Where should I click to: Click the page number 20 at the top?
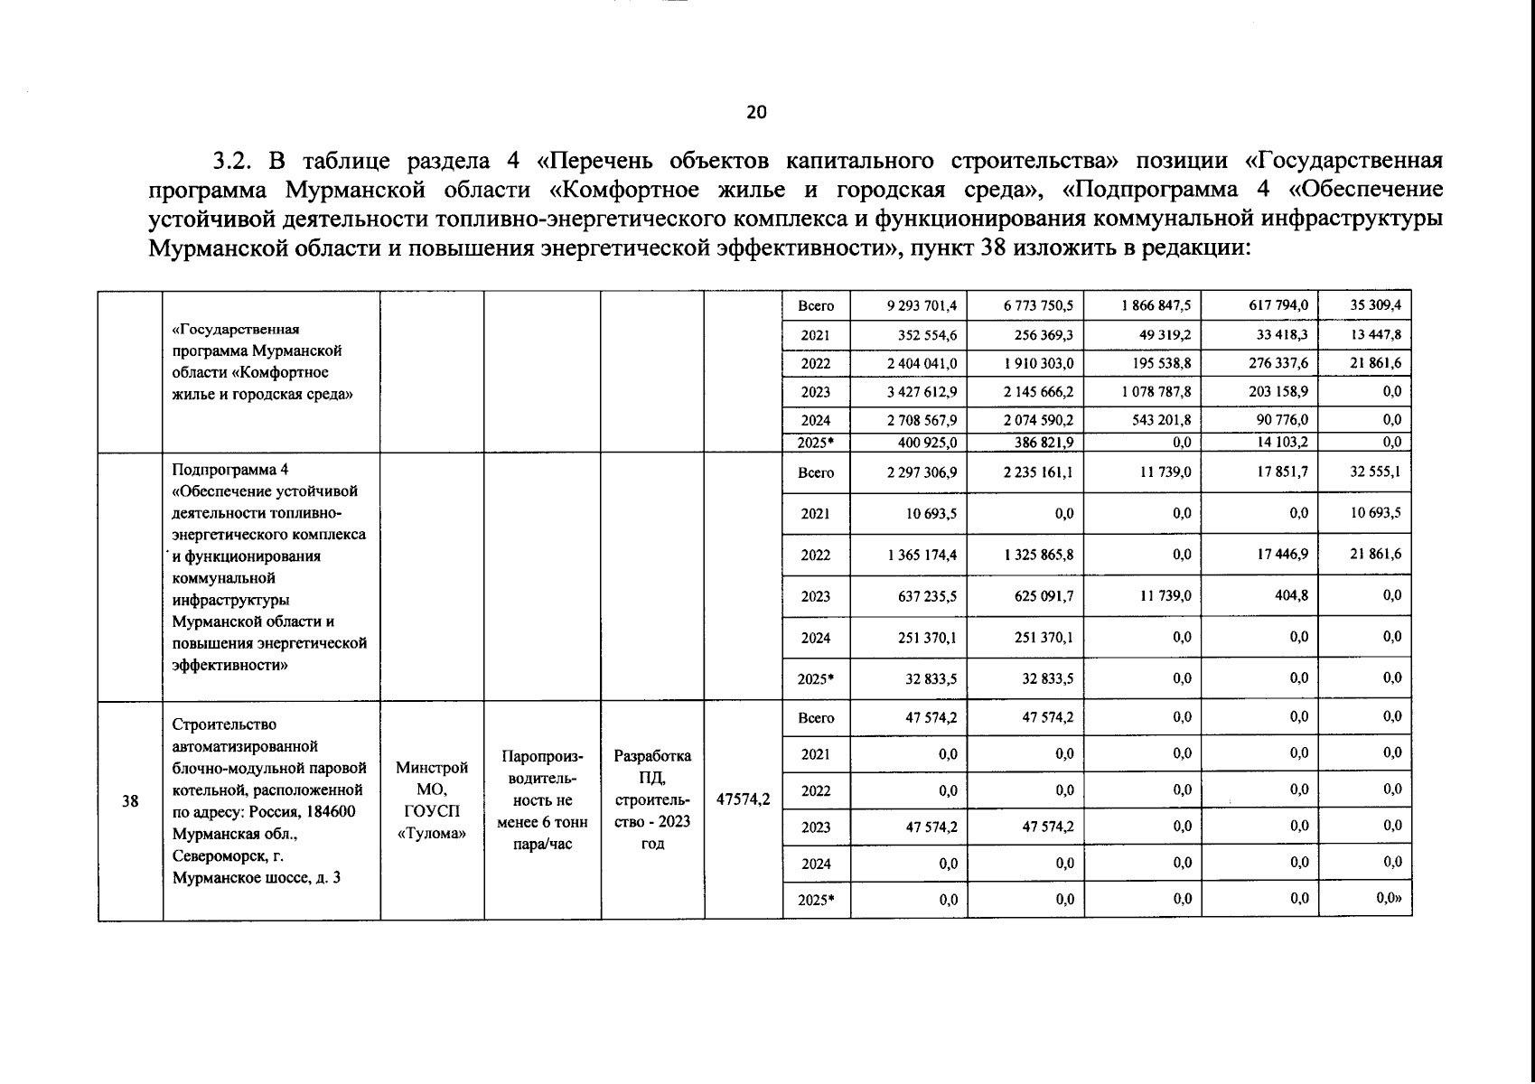tap(756, 112)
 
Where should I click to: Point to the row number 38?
tap(130, 800)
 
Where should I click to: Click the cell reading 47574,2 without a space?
tap(743, 799)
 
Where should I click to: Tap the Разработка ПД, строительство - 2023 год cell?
tap(652, 799)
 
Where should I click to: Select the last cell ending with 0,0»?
tap(1388, 898)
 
